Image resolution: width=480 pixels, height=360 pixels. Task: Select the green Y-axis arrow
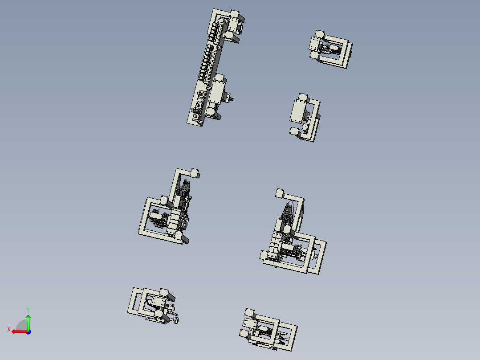click(28, 322)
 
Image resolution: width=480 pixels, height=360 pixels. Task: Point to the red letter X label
click(9, 329)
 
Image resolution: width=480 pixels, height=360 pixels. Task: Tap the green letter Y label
click(28, 309)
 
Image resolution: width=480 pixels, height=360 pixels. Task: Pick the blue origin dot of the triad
click(28, 331)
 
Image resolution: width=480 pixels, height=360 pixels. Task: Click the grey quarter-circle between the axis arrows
click(22, 326)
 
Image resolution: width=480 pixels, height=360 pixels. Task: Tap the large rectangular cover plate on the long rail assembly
click(218, 92)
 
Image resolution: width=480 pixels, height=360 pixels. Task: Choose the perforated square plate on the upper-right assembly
click(315, 45)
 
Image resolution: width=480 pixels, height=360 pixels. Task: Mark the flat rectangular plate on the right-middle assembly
click(297, 111)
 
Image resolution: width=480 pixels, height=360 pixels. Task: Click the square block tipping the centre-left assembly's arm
click(195, 173)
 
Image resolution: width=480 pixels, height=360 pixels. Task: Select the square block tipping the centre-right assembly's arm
click(280, 193)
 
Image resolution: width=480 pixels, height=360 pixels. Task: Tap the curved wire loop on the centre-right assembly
click(290, 207)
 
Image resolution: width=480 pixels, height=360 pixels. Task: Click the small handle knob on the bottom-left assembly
click(176, 319)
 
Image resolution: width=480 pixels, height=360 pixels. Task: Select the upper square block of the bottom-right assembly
click(249, 313)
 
